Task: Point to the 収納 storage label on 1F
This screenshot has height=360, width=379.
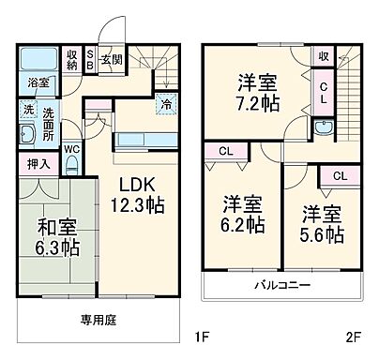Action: coord(72,60)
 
